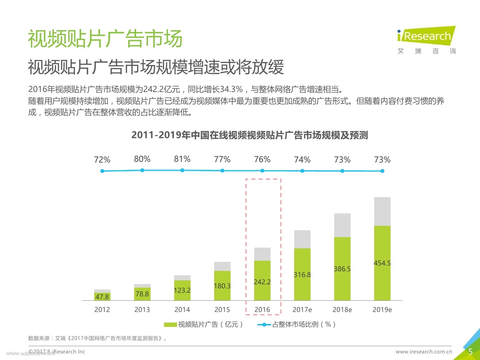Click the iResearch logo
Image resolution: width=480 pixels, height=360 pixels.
pyautogui.click(x=426, y=40)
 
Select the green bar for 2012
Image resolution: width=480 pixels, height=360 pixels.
pyautogui.click(x=102, y=297)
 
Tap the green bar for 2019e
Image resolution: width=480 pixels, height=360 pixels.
pyautogui.click(x=382, y=263)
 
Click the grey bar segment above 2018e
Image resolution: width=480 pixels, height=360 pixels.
pyautogui.click(x=342, y=225)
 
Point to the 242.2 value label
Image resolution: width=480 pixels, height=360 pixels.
pyautogui.click(x=262, y=282)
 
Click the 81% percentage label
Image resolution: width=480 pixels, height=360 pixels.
pyautogui.click(x=182, y=159)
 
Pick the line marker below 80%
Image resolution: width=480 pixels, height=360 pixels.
pyautogui.click(x=142, y=170)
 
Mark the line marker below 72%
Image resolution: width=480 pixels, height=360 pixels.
pyautogui.click(x=102, y=171)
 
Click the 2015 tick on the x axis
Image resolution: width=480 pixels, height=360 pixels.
pyautogui.click(x=222, y=309)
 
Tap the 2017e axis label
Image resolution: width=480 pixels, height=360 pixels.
pyautogui.click(x=302, y=309)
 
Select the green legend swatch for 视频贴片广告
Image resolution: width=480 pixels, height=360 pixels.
pyautogui.click(x=170, y=324)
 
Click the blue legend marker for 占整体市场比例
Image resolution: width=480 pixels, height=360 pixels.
pyautogui.click(x=264, y=324)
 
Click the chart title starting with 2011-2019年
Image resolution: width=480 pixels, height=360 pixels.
pyautogui.click(x=249, y=135)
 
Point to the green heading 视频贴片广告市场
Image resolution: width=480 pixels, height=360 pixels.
pyautogui.click(x=105, y=39)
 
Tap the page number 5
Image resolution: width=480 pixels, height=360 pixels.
pyautogui.click(x=470, y=352)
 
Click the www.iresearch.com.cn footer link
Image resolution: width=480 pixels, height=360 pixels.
pyautogui.click(x=424, y=352)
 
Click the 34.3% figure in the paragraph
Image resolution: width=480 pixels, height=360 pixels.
pyautogui.click(x=231, y=89)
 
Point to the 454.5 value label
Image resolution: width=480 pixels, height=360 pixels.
pyautogui.click(x=382, y=263)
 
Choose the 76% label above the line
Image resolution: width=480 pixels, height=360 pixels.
pyautogui.click(x=262, y=159)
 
